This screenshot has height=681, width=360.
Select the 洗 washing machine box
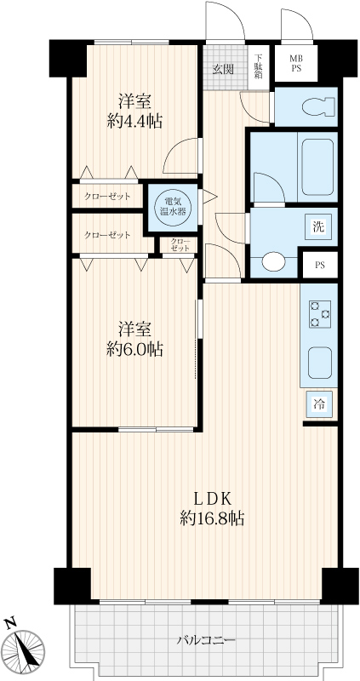[319, 226]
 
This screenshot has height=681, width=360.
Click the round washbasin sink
[273, 262]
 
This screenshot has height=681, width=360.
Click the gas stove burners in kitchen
[320, 314]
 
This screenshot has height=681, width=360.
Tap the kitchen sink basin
[320, 363]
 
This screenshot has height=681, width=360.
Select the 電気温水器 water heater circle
[173, 207]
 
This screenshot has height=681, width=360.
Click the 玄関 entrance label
[223, 69]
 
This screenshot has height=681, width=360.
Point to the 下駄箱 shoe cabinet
[259, 67]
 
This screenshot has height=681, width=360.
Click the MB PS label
[296, 63]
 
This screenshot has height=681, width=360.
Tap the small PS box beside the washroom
[320, 266]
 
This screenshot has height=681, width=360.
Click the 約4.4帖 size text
[134, 122]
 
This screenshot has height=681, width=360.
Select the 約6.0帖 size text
[134, 349]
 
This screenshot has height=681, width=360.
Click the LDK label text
[211, 499]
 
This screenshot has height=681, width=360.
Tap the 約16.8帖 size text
[211, 518]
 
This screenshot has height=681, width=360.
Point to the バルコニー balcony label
[206, 640]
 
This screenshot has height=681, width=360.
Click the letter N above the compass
[9, 624]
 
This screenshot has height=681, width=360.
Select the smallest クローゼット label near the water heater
[180, 244]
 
